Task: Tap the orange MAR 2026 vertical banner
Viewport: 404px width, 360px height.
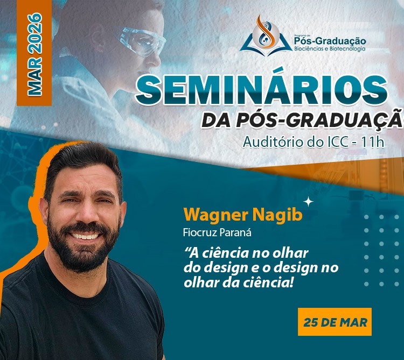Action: pyautogui.click(x=34, y=53)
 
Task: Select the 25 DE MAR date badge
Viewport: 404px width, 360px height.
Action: pyautogui.click(x=335, y=322)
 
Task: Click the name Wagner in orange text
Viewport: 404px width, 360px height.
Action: pyautogui.click(x=215, y=216)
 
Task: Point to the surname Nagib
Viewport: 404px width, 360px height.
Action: pyautogui.click(x=277, y=216)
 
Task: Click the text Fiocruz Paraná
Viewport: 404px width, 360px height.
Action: pyautogui.click(x=217, y=233)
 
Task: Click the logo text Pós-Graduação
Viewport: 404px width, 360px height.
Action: pyautogui.click(x=330, y=41)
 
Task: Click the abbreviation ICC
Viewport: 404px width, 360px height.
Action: pyautogui.click(x=338, y=142)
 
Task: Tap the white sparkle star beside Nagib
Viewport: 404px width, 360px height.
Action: pyautogui.click(x=309, y=202)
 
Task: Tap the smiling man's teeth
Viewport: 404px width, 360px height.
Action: pyautogui.click(x=85, y=236)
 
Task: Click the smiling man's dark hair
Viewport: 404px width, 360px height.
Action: pyautogui.click(x=82, y=159)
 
